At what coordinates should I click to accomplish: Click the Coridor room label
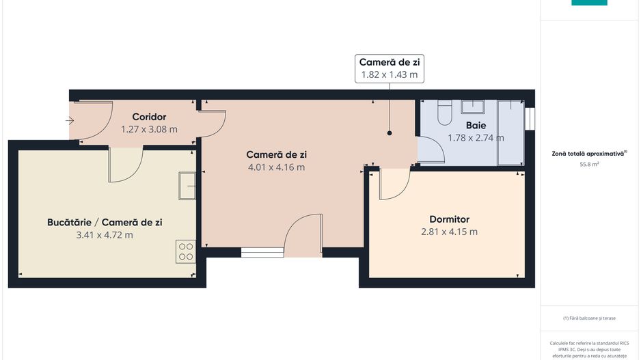149,117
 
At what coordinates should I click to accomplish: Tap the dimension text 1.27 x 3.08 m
149,129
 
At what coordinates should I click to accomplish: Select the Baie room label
476,125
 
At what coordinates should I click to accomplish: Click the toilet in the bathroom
445,112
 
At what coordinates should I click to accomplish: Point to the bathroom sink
472,106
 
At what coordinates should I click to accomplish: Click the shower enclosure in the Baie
510,133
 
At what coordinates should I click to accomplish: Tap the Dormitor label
449,219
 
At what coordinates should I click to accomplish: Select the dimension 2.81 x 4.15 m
449,232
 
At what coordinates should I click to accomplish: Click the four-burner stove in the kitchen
185,251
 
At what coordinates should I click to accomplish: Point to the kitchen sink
187,186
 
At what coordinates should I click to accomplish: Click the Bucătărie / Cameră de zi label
105,223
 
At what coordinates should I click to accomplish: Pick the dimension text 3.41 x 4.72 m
105,235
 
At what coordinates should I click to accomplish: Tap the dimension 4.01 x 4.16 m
276,167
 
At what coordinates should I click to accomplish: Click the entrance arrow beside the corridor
70,121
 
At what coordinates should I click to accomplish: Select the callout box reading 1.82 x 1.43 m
388,68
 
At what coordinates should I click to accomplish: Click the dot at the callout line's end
390,133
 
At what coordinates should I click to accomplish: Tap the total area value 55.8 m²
589,165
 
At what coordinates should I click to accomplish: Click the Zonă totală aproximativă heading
589,154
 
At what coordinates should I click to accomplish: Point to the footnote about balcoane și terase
589,318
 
